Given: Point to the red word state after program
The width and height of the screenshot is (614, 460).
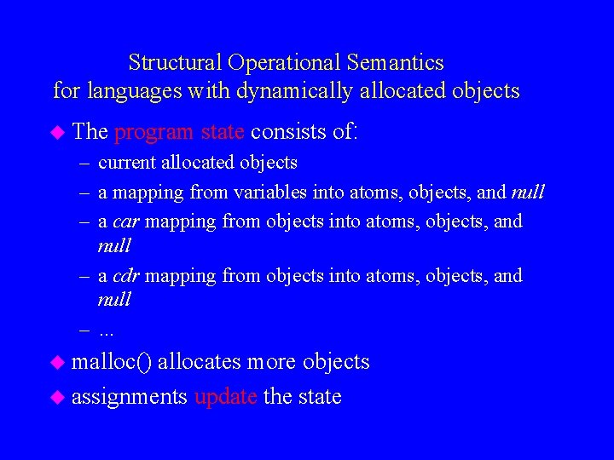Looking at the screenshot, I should [x=223, y=132].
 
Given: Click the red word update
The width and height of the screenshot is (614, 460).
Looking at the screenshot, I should [x=225, y=397].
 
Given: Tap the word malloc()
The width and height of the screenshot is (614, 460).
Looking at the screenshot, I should [x=112, y=362].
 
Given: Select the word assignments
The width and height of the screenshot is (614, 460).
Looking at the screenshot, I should [x=130, y=397].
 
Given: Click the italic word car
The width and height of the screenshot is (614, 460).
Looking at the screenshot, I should [x=125, y=222].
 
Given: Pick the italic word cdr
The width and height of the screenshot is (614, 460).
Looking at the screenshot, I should [x=125, y=277].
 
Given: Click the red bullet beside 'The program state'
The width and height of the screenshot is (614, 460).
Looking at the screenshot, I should [x=57, y=132].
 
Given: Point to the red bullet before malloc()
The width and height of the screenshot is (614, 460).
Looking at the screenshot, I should [x=57, y=362].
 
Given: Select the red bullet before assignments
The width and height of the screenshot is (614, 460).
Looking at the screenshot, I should [x=57, y=397].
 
